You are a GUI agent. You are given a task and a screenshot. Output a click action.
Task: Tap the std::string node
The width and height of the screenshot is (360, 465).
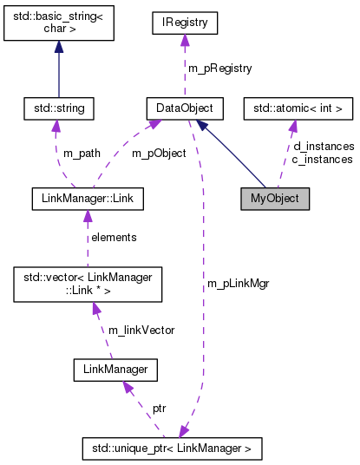(x=59, y=109)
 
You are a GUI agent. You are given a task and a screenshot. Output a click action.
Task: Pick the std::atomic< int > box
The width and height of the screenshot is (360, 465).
(x=298, y=109)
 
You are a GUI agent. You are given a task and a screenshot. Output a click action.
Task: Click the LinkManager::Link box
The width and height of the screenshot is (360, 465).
(x=87, y=198)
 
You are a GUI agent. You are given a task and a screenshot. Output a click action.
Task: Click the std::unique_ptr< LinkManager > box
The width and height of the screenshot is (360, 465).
(x=171, y=449)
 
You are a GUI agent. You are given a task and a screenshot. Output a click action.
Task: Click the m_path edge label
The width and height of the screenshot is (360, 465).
(x=82, y=154)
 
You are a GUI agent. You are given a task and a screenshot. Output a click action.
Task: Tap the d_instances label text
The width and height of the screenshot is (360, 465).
(x=323, y=147)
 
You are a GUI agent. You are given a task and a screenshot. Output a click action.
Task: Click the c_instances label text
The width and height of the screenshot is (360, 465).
(x=323, y=160)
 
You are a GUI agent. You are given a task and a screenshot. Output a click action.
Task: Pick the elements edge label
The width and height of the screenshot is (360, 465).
(x=114, y=236)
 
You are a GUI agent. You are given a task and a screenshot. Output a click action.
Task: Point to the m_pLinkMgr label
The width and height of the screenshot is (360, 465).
(x=238, y=284)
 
